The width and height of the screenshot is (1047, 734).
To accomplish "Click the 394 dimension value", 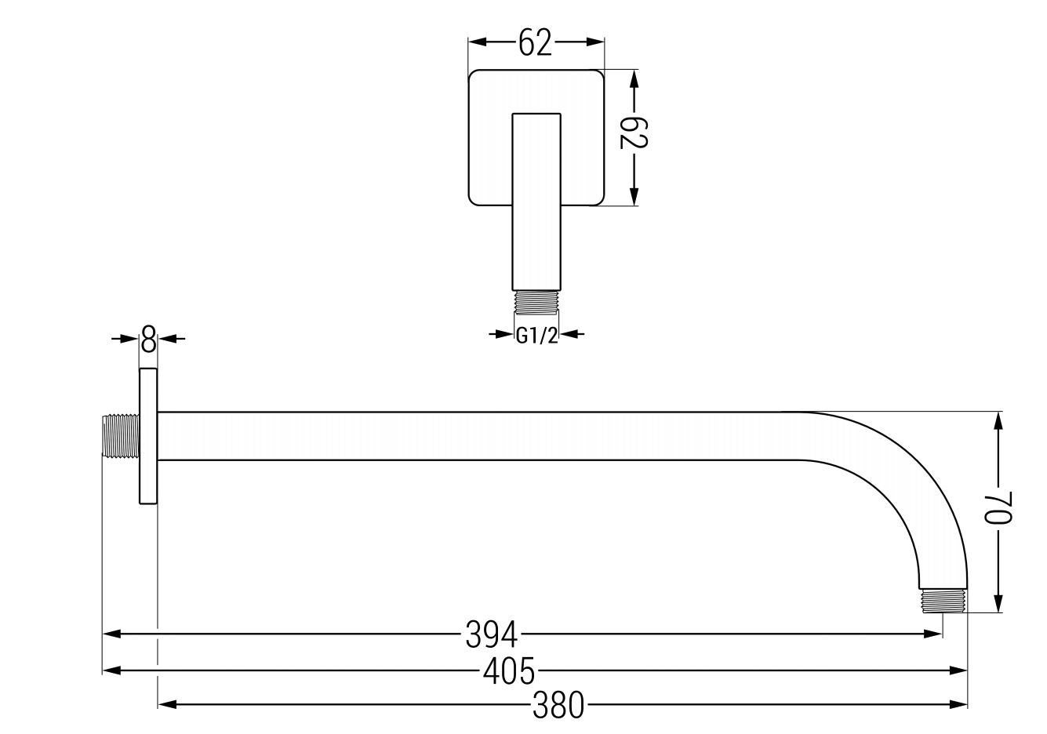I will tap(493, 634).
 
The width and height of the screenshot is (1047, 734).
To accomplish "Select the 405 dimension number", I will tap(509, 671).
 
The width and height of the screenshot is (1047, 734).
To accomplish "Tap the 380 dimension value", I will tap(558, 706).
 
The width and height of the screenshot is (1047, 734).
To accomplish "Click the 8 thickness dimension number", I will tap(148, 340).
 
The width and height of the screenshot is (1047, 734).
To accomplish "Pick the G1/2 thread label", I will tap(536, 336).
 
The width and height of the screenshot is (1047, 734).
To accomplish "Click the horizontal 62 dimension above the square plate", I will tap(536, 44).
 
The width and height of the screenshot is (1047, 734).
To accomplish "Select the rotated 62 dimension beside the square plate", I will tap(634, 133).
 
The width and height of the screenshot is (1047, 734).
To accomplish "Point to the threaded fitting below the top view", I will tap(536, 302).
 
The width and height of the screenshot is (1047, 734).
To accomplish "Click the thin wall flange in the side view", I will tap(148, 436).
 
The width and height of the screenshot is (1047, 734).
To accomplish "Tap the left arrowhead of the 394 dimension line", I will tap(111, 633).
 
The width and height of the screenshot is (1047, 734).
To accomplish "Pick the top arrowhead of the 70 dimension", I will tap(998, 420).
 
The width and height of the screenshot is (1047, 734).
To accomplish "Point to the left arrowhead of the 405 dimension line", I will tap(111, 670).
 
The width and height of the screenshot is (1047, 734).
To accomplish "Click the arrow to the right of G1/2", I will tap(570, 335).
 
